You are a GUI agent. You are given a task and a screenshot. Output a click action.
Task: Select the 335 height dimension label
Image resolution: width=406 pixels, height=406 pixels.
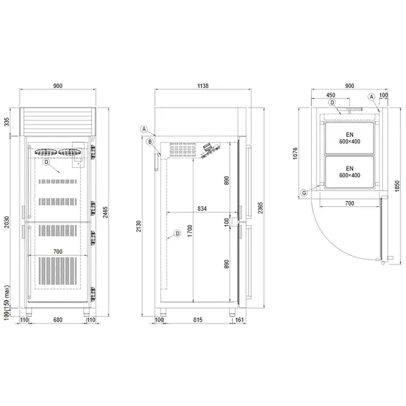6,122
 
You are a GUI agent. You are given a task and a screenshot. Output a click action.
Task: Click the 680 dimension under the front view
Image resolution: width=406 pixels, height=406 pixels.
58,319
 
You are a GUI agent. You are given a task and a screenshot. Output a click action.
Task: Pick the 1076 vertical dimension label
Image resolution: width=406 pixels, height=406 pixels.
296,155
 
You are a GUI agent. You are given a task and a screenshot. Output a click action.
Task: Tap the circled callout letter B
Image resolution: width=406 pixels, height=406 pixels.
149,141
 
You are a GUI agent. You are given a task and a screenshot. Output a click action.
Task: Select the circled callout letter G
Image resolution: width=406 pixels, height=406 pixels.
304,193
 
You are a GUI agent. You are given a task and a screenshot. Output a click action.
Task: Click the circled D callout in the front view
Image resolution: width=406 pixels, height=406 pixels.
46,162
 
